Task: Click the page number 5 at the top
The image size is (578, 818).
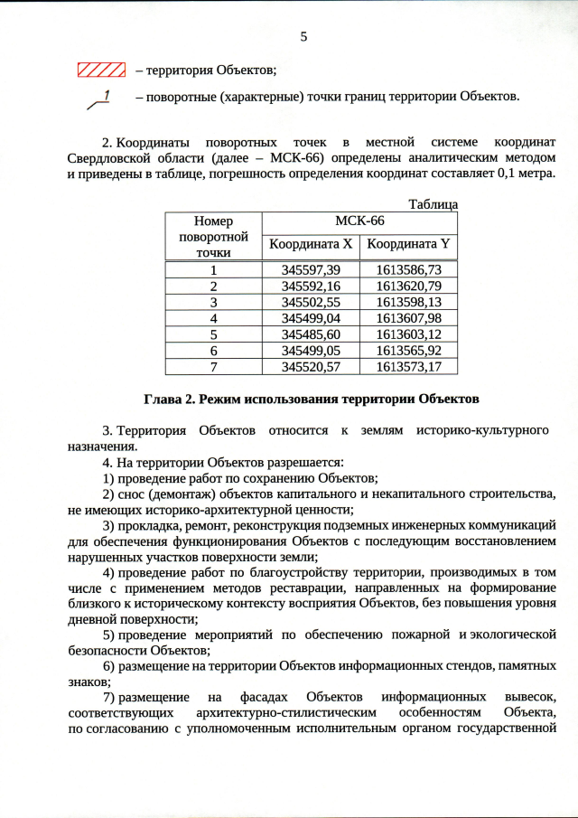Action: click(x=304, y=37)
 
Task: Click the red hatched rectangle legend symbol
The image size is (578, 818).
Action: click(x=100, y=70)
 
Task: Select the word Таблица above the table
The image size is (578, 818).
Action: click(x=433, y=205)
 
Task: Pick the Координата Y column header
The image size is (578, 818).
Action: click(x=408, y=244)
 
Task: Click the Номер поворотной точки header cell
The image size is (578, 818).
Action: click(x=213, y=237)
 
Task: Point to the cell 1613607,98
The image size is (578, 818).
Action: click(x=408, y=318)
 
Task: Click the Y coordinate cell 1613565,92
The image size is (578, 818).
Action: click(x=408, y=350)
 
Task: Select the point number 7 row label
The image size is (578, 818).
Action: click(x=213, y=366)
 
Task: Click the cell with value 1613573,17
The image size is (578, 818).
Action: click(x=408, y=366)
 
